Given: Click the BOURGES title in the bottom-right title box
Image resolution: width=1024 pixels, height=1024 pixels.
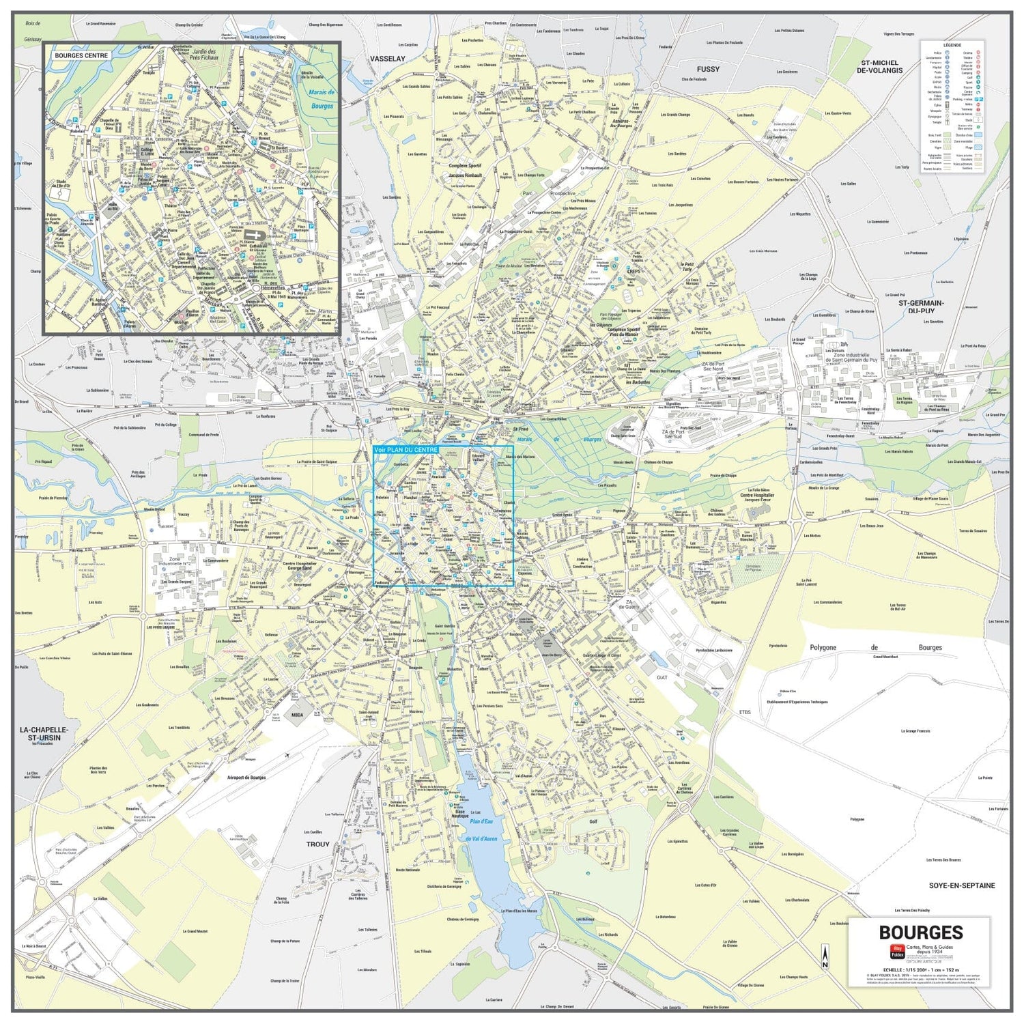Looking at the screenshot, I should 920,933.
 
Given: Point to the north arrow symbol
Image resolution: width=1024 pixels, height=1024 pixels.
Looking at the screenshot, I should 825,956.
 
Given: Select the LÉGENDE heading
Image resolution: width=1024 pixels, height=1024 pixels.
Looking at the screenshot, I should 952,45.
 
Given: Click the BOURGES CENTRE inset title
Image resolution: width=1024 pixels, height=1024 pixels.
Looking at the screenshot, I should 81,55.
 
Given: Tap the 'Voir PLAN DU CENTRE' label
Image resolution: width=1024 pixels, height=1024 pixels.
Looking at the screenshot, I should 406,451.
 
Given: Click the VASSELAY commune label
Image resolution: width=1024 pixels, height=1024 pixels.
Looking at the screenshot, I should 388,59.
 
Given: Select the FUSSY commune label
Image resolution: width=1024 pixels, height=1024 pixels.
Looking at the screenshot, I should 708,69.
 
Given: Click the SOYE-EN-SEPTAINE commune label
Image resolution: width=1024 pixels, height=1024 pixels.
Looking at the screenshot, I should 962,885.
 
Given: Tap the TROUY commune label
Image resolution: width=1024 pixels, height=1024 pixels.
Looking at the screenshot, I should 317,844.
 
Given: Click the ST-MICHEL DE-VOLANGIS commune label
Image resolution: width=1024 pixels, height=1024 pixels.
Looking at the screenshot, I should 880,66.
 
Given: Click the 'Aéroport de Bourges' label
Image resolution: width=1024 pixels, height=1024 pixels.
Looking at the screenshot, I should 246,778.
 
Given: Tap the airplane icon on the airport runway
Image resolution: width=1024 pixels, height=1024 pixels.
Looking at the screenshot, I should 289,754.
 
